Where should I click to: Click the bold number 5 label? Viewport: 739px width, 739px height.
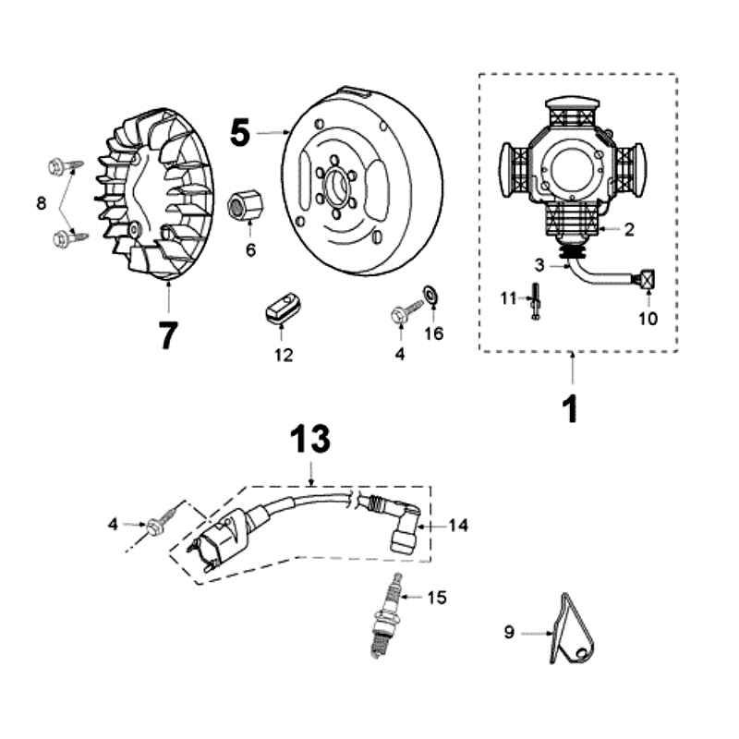click(240, 133)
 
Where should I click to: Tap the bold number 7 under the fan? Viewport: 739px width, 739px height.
click(167, 335)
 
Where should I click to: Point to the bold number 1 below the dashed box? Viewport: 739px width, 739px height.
click(572, 407)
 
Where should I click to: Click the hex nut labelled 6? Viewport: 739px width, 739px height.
click(244, 205)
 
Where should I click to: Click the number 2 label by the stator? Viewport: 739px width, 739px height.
click(628, 230)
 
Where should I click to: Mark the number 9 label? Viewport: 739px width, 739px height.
click(509, 634)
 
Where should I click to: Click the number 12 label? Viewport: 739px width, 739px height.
click(284, 355)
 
